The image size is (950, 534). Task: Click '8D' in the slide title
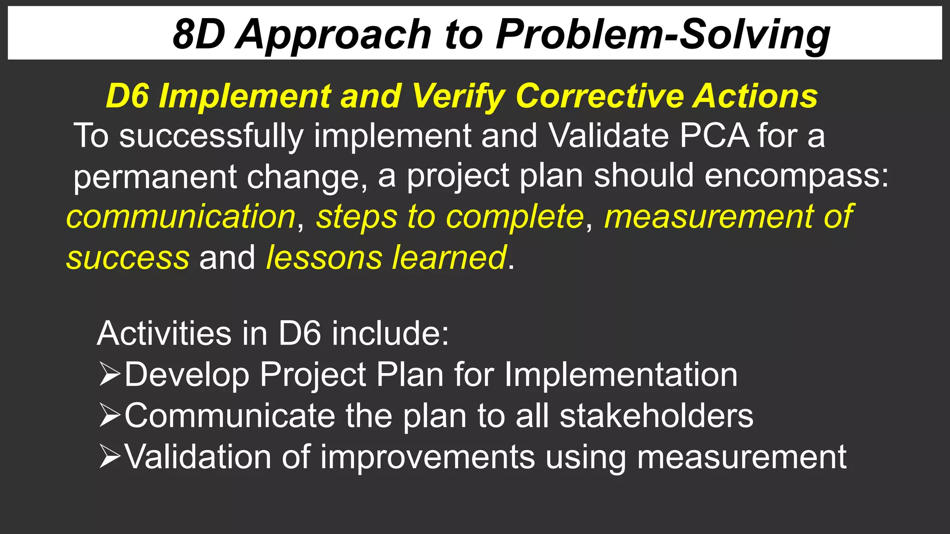199,34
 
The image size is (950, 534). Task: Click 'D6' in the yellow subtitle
127,96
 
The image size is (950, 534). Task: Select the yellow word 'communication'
181,216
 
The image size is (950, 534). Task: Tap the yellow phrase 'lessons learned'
386,258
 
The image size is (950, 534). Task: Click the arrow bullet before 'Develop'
110,375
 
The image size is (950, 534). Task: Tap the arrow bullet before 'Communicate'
110,415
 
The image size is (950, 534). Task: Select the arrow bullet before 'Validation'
110,457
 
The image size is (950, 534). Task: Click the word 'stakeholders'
656,415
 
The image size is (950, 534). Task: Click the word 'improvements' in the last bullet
427,457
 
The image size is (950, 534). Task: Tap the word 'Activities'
164,333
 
